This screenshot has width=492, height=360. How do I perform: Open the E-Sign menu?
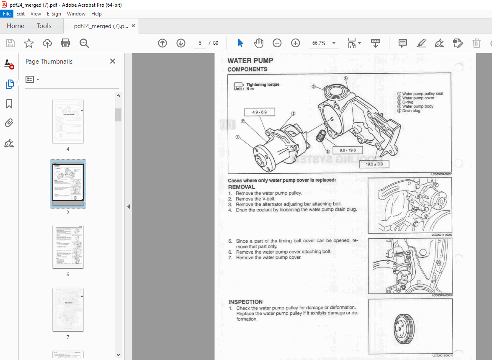[54, 14]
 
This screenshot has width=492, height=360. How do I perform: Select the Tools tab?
[44, 26]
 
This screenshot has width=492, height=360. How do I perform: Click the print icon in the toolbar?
[65, 43]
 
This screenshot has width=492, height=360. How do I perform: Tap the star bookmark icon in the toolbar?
[28, 43]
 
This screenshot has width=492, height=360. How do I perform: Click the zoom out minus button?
[277, 43]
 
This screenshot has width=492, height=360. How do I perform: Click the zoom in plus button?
[296, 43]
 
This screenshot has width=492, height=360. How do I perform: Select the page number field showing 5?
[200, 43]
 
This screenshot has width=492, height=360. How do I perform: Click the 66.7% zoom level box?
[319, 43]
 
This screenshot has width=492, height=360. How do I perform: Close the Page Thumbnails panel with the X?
[112, 61]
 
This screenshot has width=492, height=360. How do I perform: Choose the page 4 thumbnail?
[68, 121]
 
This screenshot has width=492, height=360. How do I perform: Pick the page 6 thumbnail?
[68, 247]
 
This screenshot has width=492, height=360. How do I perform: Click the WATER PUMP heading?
[250, 61]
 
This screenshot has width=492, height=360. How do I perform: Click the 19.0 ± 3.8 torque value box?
[374, 164]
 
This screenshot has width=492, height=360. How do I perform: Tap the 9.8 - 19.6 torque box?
[348, 150]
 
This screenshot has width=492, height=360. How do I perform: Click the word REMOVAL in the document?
[242, 187]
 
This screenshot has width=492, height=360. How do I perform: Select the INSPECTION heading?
[245, 302]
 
